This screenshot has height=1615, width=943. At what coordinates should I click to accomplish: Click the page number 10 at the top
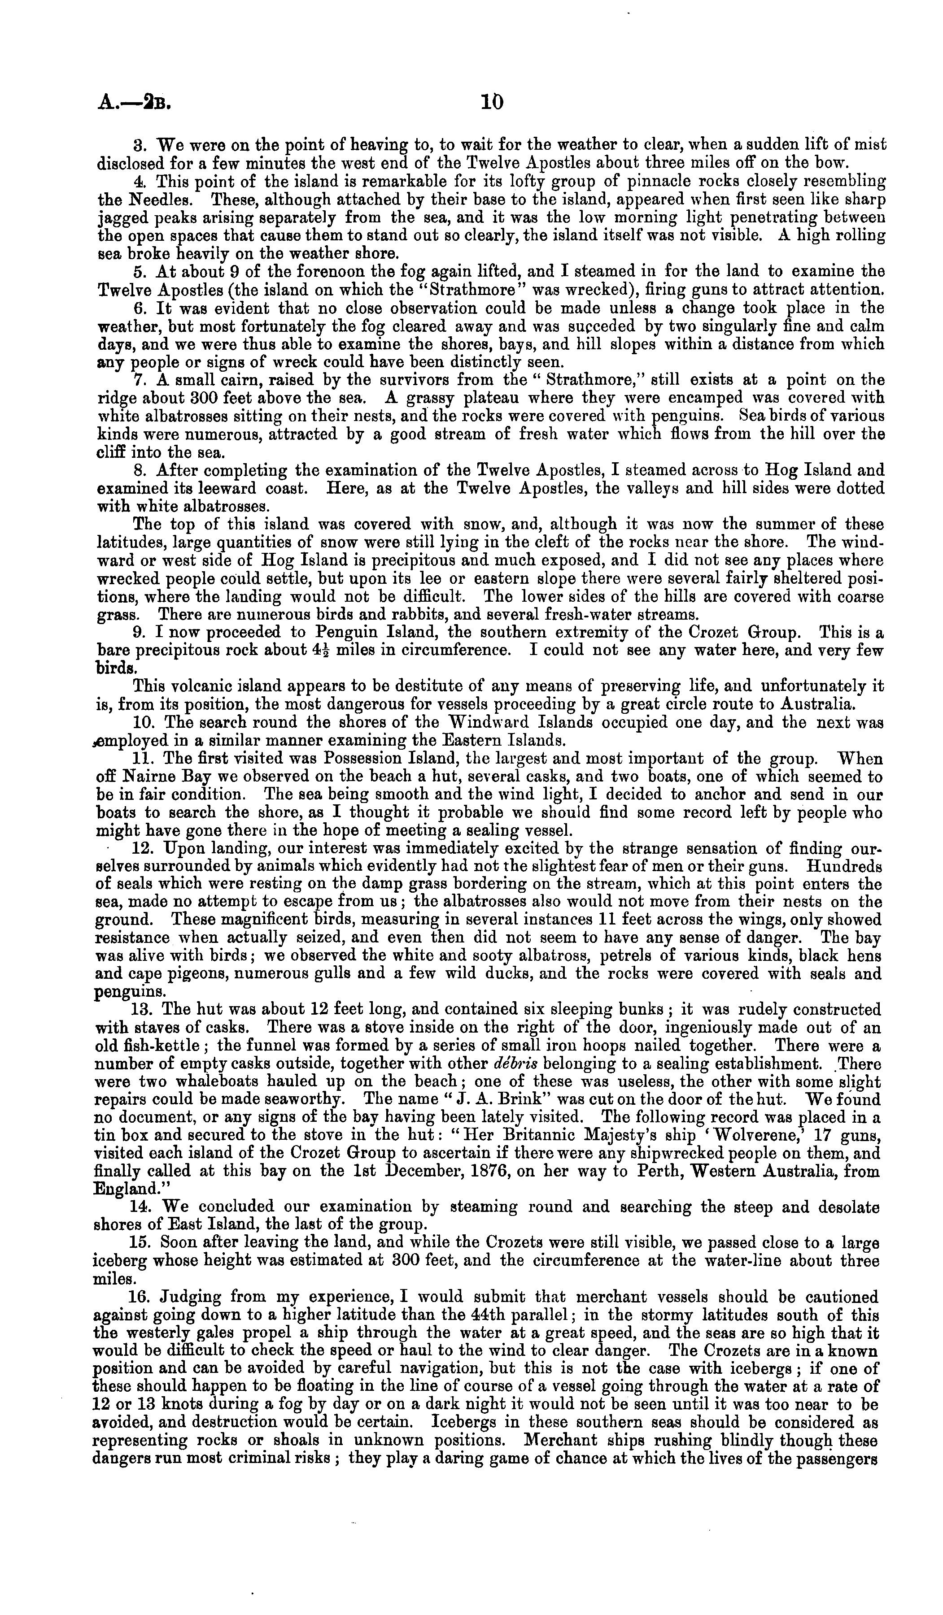point(492,102)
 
